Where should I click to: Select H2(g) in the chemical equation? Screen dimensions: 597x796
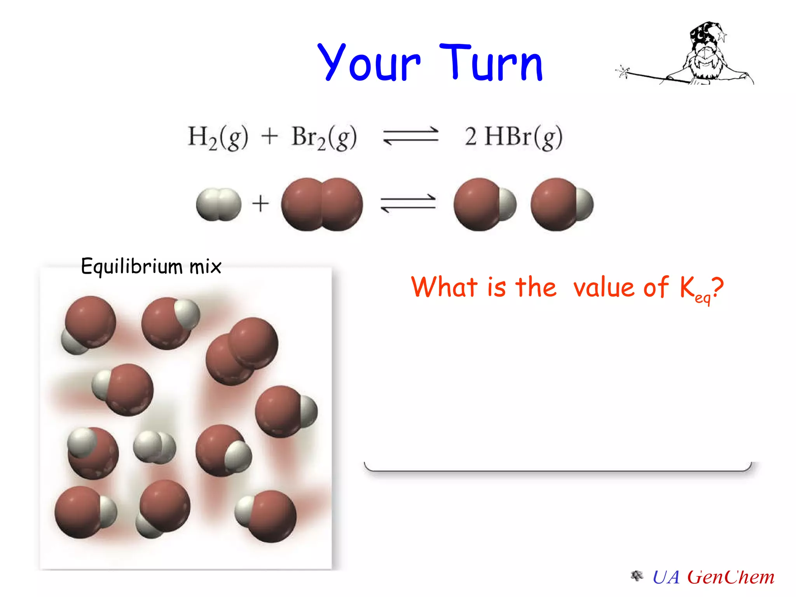coord(218,137)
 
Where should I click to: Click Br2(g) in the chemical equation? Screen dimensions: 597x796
coord(324,137)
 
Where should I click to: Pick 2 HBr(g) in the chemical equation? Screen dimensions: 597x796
coord(513,137)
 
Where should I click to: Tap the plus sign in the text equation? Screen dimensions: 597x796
coord(269,137)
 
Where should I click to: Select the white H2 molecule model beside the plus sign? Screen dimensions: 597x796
coord(218,204)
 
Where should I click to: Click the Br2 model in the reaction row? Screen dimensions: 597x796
coord(322,204)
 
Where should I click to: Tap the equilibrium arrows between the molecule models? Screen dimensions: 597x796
coord(408,203)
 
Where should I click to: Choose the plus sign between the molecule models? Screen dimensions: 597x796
coord(260,204)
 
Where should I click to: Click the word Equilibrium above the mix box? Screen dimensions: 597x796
coord(131,267)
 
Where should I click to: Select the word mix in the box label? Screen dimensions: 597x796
coord(205,267)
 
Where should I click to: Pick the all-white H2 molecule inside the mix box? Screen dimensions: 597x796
coord(154,447)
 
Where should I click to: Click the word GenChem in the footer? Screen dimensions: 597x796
coord(731,577)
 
